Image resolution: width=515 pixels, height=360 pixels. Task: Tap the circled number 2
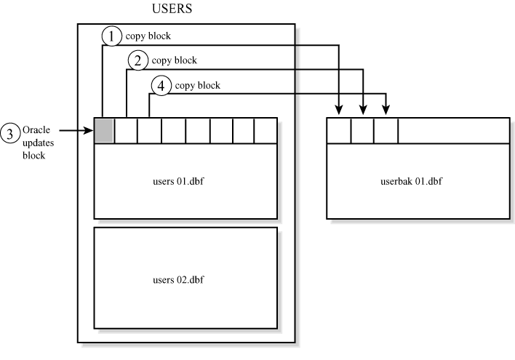coord(136,60)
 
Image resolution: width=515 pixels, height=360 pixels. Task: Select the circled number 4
coord(160,85)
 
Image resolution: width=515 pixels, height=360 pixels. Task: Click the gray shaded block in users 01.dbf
coord(104,129)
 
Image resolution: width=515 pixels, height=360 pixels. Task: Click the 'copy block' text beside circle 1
coord(148,36)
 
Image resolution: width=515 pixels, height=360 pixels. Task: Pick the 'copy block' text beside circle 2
coord(173,60)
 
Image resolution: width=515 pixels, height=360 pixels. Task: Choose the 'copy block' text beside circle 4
coord(197,85)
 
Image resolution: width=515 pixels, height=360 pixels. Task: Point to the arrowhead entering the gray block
coord(89,130)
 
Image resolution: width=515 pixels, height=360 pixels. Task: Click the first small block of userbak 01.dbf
coord(339,129)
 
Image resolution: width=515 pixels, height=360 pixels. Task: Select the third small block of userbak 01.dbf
coord(386,129)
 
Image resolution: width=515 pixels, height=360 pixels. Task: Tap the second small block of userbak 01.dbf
coord(362,129)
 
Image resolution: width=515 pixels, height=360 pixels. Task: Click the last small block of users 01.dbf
coord(266,129)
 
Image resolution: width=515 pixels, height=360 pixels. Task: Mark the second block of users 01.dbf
coord(126,129)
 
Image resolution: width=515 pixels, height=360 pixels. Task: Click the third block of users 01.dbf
coord(149,129)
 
